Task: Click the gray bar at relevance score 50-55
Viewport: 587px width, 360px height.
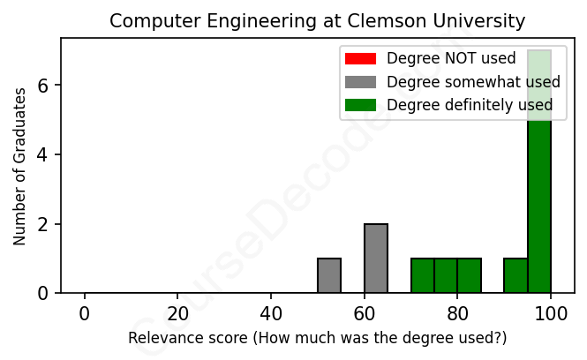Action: coord(329,275)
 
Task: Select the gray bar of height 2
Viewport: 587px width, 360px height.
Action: coord(376,259)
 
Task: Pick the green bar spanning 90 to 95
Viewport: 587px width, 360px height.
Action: coord(516,275)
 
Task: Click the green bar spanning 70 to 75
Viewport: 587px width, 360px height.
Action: coord(423,275)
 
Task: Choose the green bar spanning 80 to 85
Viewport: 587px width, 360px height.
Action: coord(470,275)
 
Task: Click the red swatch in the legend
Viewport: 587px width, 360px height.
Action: coord(360,59)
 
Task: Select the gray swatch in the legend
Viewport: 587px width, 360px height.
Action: coord(360,82)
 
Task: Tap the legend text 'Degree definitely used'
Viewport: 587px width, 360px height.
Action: coord(470,105)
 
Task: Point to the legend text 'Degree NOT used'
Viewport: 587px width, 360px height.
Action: coord(451,59)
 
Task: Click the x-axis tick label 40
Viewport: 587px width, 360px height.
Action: coord(271,313)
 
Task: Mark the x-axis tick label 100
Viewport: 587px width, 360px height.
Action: coord(551,313)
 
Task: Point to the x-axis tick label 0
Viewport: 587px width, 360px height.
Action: coord(85,313)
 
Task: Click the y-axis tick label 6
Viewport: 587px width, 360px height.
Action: coord(42,86)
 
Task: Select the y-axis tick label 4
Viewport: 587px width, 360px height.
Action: coord(42,154)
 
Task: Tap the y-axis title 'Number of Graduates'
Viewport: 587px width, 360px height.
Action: coord(19,166)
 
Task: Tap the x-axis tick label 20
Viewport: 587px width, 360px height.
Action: coord(177,313)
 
